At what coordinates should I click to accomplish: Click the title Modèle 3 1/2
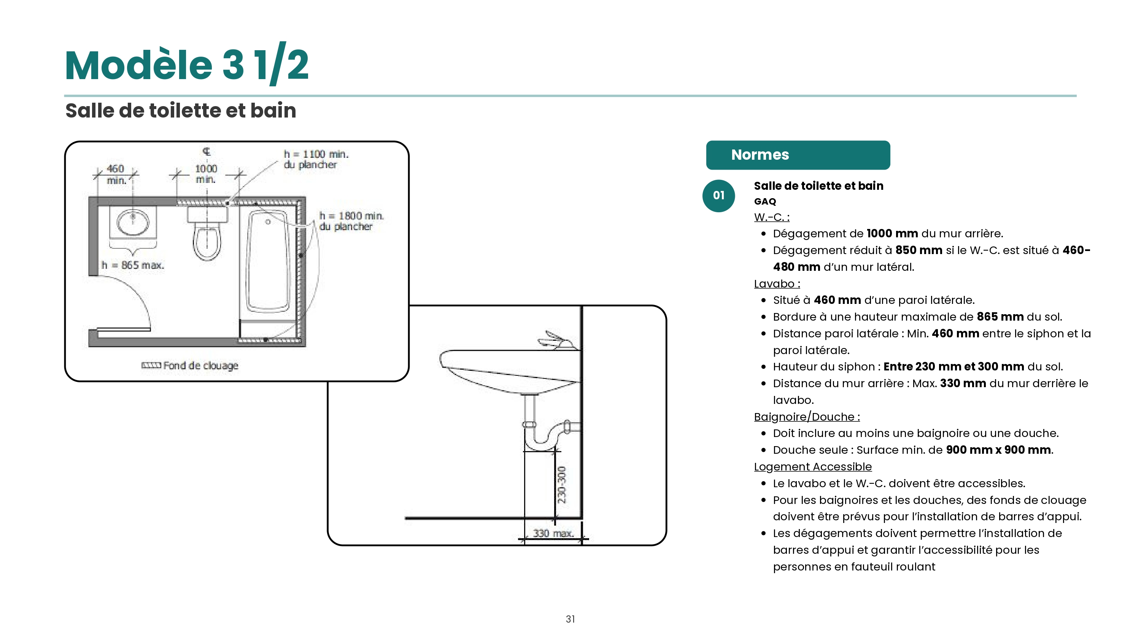186,65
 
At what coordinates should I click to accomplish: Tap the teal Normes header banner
798,155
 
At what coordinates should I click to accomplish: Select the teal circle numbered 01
718,196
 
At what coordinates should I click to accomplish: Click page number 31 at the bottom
570,619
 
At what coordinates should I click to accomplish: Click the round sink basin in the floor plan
133,221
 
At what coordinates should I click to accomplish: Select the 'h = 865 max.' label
133,265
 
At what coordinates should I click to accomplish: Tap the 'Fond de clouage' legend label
201,366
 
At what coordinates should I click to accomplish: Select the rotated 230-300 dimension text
562,485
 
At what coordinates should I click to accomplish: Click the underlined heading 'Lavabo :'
777,284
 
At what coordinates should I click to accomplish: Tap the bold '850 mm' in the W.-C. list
919,250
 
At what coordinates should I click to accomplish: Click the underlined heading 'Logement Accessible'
813,467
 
